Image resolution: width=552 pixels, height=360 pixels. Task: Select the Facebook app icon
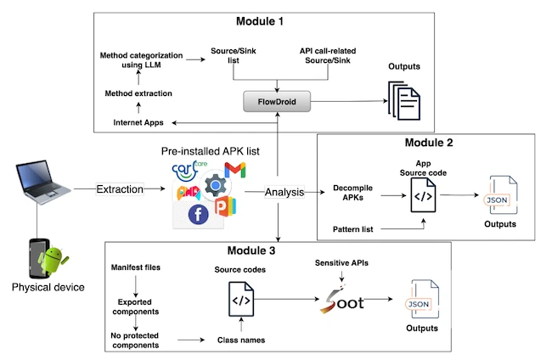coord(198,215)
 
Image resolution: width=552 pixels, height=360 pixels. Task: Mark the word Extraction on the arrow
coord(120,189)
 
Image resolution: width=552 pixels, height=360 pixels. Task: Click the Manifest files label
coord(136,268)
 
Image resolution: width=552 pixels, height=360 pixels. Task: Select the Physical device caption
coord(48,287)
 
